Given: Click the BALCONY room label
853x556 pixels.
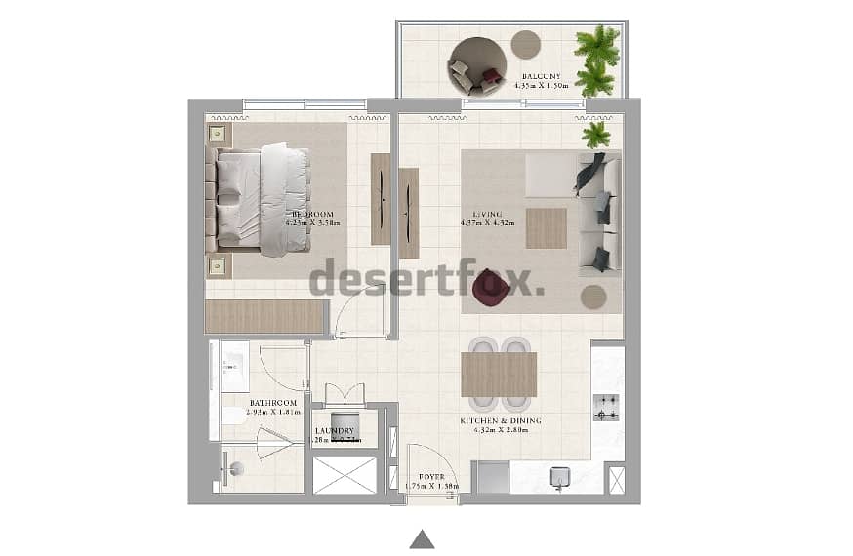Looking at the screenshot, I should point(540,75).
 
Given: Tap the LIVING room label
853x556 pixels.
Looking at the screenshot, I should point(487,214).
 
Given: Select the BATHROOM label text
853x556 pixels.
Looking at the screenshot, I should point(272,402).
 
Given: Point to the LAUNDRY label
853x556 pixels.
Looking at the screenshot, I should point(334,430).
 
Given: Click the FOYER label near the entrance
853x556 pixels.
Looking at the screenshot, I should point(430,477).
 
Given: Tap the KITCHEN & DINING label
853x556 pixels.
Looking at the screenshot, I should point(501,421).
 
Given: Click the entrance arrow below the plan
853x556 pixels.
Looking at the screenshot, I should point(422,538).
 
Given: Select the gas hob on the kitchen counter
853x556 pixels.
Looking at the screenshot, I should point(605,407).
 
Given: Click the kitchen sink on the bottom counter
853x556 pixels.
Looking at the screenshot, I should point(559,477).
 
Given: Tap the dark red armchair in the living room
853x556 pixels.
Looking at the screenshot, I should point(492,287).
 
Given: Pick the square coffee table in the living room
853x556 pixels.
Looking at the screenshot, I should point(546,228).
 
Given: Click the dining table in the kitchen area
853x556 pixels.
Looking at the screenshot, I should point(499,374).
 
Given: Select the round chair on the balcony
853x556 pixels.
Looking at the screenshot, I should point(477,64).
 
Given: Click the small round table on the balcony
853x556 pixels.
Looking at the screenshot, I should point(526,45).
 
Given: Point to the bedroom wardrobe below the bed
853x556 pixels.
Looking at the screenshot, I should point(264,317).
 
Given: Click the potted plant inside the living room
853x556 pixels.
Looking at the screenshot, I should point(595,134).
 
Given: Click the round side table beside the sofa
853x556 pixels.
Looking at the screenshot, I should point(592,297).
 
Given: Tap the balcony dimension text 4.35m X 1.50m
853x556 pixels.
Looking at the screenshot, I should point(540,85).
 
